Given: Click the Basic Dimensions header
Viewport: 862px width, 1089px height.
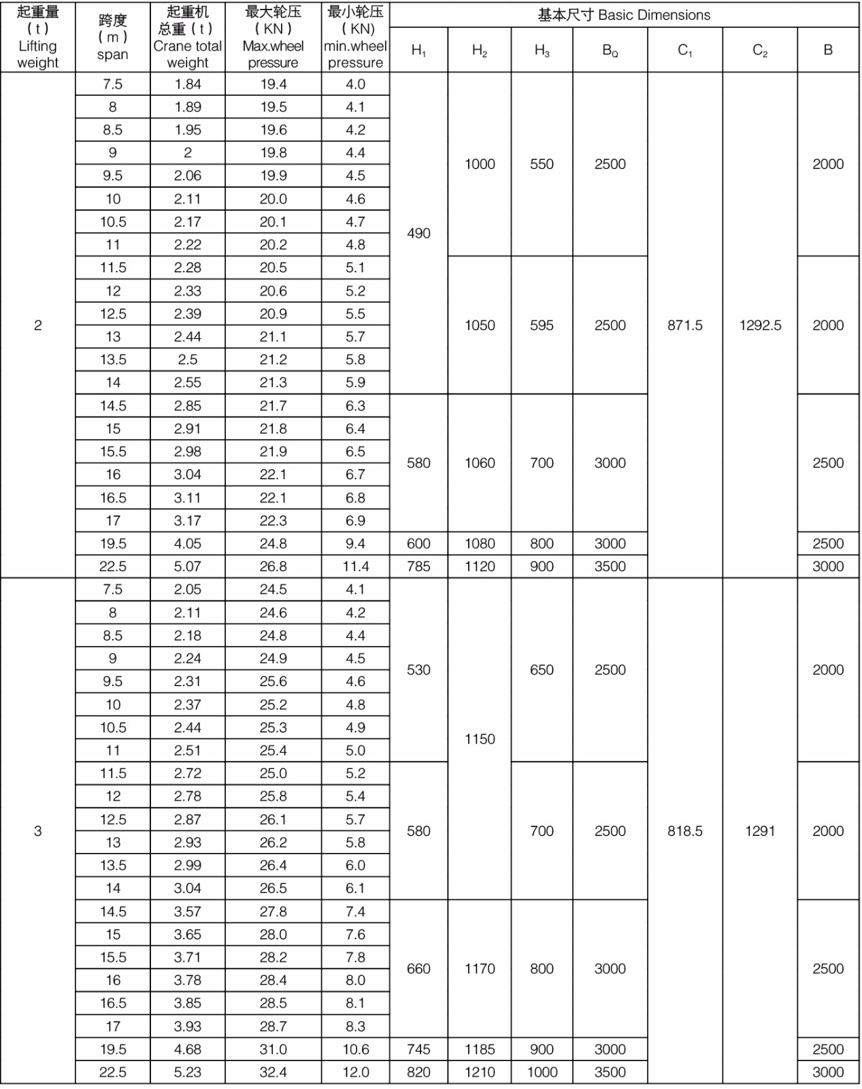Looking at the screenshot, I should (x=624, y=15).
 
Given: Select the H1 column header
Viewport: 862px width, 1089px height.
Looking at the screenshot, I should (x=418, y=50).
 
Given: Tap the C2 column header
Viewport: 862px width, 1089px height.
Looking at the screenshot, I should (x=760, y=50).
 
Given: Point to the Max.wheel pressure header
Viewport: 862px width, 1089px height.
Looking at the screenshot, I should (x=273, y=37).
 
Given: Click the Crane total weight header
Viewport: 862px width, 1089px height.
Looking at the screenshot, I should (x=187, y=37).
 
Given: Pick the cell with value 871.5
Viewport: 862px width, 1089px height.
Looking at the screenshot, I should (x=684, y=325).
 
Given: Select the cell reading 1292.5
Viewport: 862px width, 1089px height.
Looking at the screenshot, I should (x=760, y=325).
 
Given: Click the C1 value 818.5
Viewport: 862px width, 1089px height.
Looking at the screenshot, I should (x=684, y=831).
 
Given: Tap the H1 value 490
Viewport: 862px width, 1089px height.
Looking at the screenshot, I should (x=418, y=233).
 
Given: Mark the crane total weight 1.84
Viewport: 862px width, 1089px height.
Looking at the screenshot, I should (x=187, y=84).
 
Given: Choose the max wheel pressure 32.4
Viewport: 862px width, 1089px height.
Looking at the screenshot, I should (x=273, y=1072).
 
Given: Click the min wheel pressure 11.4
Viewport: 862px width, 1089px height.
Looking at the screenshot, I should (x=355, y=566).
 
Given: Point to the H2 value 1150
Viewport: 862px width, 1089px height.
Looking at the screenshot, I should (x=480, y=739).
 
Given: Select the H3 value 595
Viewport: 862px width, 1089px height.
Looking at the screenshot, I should (x=542, y=325).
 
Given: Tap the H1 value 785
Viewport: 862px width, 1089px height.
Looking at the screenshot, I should (x=418, y=566).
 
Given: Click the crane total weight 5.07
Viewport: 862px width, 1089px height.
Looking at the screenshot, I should (x=187, y=566).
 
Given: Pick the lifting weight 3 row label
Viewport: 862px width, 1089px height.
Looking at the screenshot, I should (x=38, y=831).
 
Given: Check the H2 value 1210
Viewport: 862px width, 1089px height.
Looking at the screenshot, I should (x=480, y=1072).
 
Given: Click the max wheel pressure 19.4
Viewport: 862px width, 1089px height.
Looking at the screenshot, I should (x=273, y=84).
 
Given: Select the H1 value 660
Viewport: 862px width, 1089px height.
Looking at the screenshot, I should (x=418, y=969).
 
